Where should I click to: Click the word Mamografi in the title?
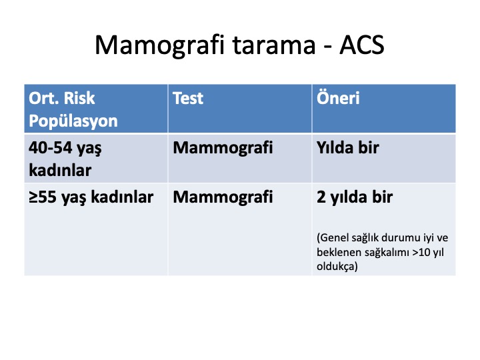pos(159,45)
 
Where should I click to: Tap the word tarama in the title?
pos(274,45)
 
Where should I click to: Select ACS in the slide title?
pos(362,45)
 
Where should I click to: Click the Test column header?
pos(188,98)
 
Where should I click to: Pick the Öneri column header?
pos(338,97)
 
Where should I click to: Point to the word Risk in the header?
pos(79,98)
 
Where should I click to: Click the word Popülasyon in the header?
pos(73,121)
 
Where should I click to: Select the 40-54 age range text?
pos(50,147)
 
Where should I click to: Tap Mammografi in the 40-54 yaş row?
pos(223,147)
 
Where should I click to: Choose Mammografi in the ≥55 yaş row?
pos(223,197)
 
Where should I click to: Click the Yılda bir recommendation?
pos(348,147)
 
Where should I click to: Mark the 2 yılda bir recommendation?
pos(355,197)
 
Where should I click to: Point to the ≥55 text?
pos(43,197)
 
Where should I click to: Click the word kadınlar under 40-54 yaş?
pos(60,170)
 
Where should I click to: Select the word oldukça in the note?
pos(336,266)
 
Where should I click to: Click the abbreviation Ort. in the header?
pos(45,98)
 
